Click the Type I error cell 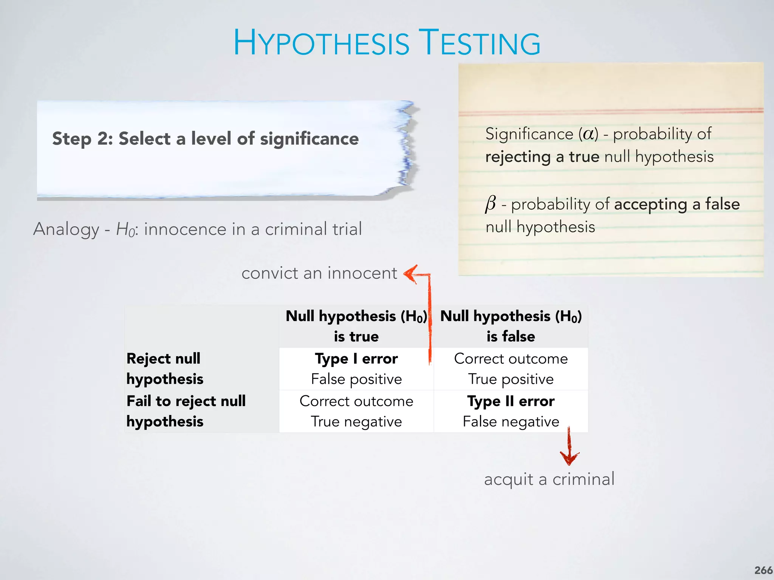tap(356, 369)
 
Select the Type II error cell tap(511, 411)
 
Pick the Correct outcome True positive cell tap(511, 369)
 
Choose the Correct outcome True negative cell tap(356, 411)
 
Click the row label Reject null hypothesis tap(165, 369)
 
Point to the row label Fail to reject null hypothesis tap(186, 411)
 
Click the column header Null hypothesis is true tap(356, 326)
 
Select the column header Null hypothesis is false tap(511, 326)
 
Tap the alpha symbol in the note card tap(588, 134)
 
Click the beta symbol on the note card tap(491, 204)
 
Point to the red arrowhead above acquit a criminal tap(569, 458)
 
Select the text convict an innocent tap(319, 273)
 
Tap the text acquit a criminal tap(549, 479)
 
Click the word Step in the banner tap(72, 139)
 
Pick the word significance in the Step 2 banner tap(309, 139)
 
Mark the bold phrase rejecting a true tap(542, 157)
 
